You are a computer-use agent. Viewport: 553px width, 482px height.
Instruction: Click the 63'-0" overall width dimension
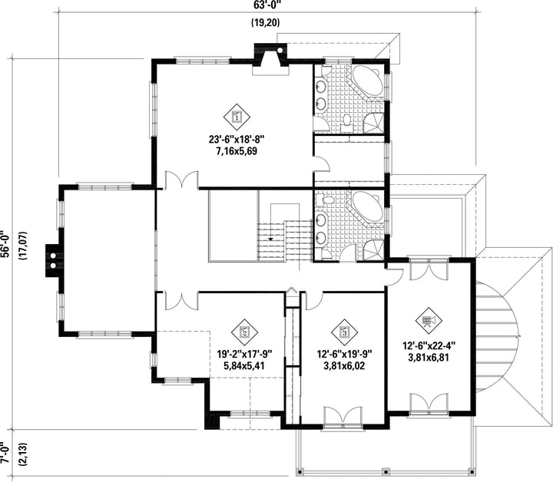pos(267,5)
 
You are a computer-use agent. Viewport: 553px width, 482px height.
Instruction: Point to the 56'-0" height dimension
pos(5,245)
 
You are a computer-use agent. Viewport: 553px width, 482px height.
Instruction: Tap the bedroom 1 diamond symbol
pos(237,117)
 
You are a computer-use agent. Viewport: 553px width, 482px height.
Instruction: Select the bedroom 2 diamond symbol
pos(245,332)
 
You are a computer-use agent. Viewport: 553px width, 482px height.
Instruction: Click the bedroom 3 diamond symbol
pos(345,332)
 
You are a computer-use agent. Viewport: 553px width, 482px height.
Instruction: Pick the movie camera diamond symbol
pos(429,320)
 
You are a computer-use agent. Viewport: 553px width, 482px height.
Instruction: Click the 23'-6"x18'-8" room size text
pos(237,140)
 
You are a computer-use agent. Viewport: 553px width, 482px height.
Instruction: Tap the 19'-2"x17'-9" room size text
pos(244,353)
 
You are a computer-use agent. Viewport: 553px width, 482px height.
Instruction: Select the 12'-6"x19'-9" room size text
pos(345,353)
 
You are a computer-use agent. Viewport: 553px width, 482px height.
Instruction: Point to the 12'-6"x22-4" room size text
pos(429,345)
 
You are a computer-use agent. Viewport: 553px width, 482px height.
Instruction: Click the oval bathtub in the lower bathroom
pos(367,206)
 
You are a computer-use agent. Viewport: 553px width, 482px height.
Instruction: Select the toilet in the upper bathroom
pos(347,121)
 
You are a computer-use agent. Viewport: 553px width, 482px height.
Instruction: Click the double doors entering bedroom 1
pos(181,180)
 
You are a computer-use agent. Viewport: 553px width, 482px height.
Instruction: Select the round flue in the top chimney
pos(280,51)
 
